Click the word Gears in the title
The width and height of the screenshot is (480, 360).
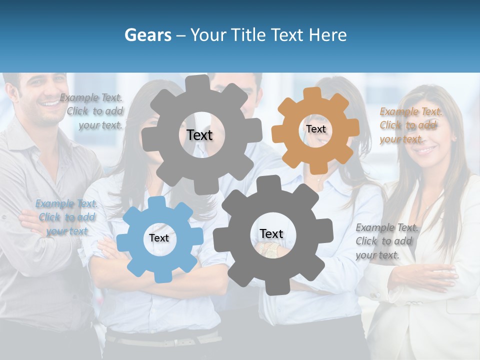pyautogui.click(x=148, y=35)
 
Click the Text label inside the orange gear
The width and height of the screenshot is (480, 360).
pyautogui.click(x=316, y=129)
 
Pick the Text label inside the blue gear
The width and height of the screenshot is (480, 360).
pyautogui.click(x=159, y=238)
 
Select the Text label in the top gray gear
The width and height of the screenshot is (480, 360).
pyautogui.click(x=199, y=135)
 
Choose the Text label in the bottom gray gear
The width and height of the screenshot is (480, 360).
pyautogui.click(x=271, y=233)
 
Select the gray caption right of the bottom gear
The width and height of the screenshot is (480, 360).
pyautogui.click(x=386, y=241)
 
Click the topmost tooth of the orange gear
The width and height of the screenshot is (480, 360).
pyautogui.click(x=312, y=93)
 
